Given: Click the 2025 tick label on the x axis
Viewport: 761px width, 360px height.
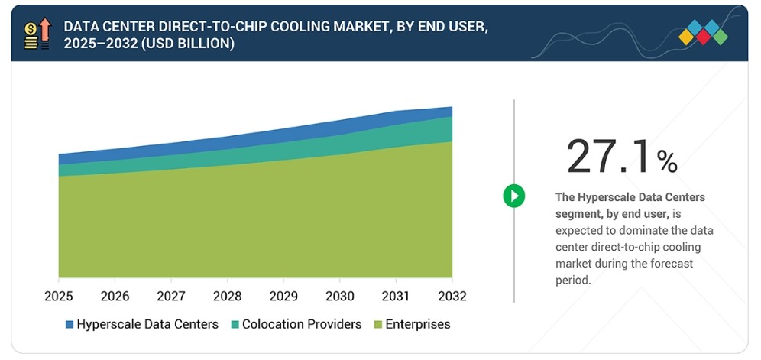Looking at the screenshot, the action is pos(59,296).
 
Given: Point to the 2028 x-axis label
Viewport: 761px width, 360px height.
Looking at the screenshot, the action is pos(227,296).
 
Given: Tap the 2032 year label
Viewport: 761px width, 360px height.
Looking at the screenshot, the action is pos(452,296).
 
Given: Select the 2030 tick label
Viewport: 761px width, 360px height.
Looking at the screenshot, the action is pos(340,296).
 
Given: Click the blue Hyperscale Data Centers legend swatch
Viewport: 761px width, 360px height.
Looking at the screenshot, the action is pos(70,325).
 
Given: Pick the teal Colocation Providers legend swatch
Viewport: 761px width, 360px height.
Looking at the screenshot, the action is pos(235,325).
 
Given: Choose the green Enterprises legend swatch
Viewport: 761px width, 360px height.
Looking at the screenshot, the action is pos(378,325).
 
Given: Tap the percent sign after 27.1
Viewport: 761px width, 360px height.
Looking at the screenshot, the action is pos(667,162).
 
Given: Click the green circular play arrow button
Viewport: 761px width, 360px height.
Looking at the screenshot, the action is pos(514,196).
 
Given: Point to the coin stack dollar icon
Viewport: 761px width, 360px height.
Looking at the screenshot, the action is pos(31,36).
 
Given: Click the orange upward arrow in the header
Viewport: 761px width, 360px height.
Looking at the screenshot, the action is pos(45,30).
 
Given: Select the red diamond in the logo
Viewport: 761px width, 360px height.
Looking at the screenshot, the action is pos(703,37).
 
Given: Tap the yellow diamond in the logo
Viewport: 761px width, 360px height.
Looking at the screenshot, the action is pos(686,37).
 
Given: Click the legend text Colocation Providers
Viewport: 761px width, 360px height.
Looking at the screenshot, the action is pos(302,325).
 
